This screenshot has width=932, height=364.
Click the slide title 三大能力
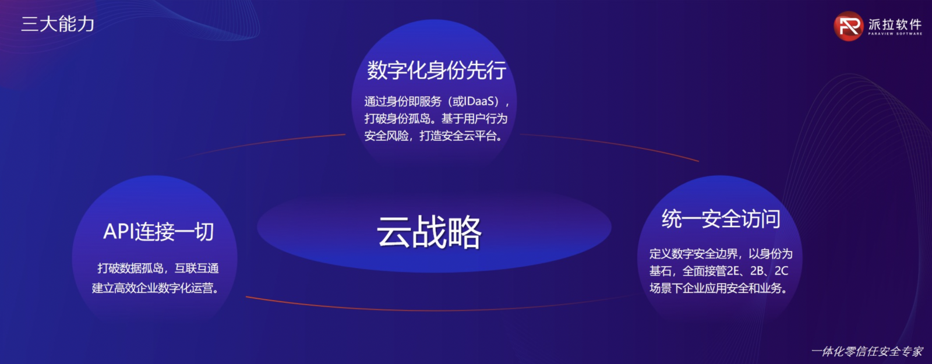[x=58, y=24]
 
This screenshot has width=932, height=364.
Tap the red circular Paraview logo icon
[x=848, y=26]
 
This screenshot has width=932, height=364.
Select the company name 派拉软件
[x=895, y=24]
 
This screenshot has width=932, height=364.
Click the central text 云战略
[x=429, y=232]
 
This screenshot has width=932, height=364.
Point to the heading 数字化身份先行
[x=436, y=70]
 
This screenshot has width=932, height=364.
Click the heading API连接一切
[x=158, y=231]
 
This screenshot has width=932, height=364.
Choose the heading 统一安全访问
[x=721, y=218]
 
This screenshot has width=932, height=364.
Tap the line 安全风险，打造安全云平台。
[x=433, y=136]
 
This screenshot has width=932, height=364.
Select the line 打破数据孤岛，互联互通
[x=158, y=268]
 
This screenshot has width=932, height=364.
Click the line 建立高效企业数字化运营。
[x=156, y=288]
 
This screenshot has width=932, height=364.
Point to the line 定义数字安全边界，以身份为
[x=721, y=253]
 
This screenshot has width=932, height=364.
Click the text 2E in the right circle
[x=733, y=271]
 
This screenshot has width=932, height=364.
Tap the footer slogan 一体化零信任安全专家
[x=867, y=352]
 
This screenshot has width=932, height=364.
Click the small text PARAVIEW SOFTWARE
[x=895, y=34]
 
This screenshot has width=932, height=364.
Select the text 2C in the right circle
[x=781, y=271]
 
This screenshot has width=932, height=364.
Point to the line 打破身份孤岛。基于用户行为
[x=436, y=119]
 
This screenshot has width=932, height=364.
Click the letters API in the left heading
[x=117, y=232]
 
